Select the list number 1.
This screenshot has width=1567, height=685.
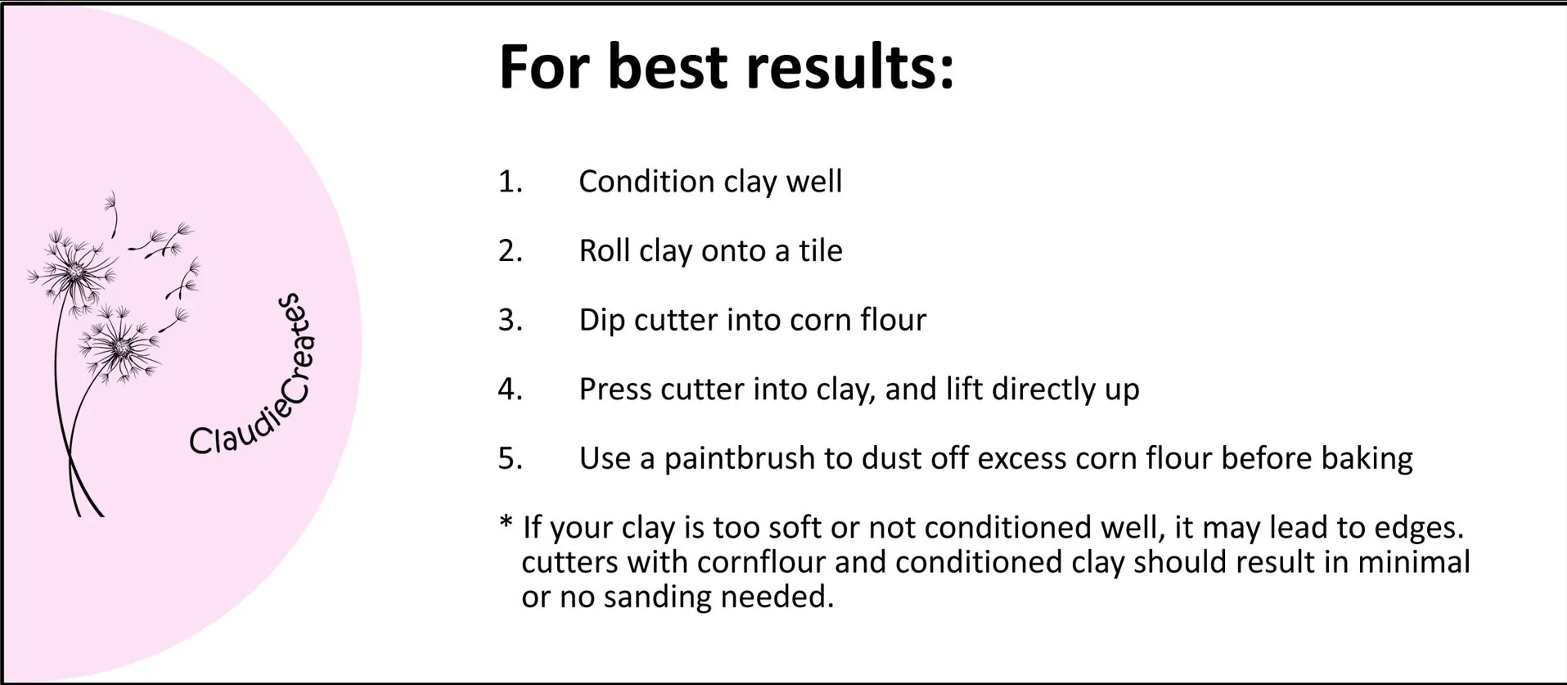tap(510, 182)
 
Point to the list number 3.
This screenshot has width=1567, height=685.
tap(510, 320)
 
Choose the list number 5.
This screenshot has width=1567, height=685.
tap(510, 458)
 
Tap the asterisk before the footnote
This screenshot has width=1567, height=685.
tap(507, 524)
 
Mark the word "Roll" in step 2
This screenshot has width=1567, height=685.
tap(605, 250)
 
